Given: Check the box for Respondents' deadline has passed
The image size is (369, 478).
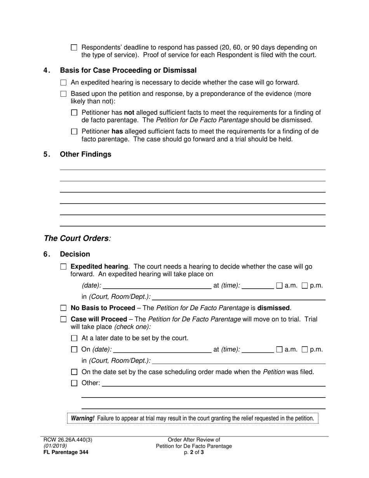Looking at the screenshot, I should click(74, 47).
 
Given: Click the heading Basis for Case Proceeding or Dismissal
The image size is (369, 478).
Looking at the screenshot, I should click(128, 70).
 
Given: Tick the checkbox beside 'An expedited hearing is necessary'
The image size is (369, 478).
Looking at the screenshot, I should click(64, 82).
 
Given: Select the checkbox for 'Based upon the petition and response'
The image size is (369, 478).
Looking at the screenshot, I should click(64, 94).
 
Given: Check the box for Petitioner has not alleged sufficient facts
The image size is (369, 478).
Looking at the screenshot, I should click(74, 113).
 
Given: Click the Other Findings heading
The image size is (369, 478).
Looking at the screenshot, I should click(85, 154).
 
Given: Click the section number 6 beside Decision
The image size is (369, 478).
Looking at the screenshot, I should click(47, 254).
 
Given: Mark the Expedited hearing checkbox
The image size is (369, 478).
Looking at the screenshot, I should click(64, 267).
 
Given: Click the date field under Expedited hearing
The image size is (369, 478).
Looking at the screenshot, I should click(157, 286).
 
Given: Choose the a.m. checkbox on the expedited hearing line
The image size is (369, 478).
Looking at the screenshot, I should click(279, 286).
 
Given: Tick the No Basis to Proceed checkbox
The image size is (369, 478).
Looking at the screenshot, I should click(64, 308).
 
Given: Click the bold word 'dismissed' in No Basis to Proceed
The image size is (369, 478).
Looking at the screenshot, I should click(273, 308).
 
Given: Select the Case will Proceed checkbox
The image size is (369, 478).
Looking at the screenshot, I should click(64, 319).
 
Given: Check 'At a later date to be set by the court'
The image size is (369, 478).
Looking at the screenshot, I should click(74, 338).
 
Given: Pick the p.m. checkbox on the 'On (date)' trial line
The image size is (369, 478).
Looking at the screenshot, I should click(305, 350).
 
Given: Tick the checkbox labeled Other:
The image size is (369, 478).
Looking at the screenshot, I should click(74, 384).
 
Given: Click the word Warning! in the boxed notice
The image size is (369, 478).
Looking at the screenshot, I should click(82, 418).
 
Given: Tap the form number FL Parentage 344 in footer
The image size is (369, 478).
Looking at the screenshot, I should click(66, 452).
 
